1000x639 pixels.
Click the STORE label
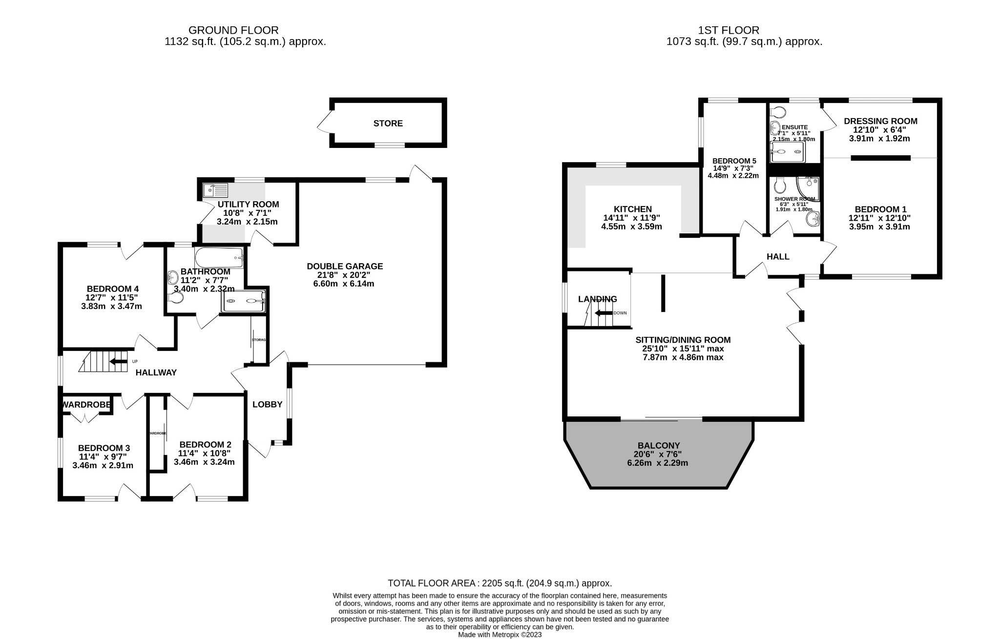388,124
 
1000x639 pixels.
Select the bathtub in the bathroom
219,258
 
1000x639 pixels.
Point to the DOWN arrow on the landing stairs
604,313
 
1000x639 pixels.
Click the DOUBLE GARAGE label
344,266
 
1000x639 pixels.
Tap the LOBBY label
267,404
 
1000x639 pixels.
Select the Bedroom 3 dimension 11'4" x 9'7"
103,457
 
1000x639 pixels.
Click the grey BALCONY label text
658,445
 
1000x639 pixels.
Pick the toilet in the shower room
780,185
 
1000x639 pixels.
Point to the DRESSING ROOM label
880,121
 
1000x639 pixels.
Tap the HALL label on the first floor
777,256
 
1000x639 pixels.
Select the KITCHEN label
632,209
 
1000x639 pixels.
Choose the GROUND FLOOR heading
233,30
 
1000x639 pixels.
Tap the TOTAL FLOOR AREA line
500,583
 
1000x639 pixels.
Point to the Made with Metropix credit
500,635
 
